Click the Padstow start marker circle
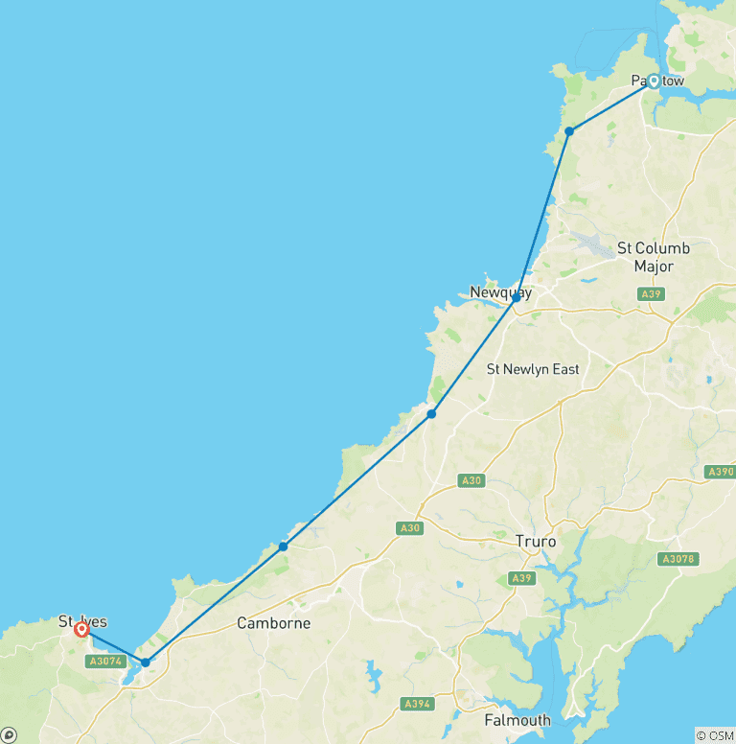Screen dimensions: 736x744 654,81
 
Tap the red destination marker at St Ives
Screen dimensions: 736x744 82,630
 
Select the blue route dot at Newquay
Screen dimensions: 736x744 516,298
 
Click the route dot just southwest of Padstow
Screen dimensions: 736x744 569,130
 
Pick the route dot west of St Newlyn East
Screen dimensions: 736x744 432,413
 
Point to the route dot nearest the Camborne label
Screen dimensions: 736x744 283,546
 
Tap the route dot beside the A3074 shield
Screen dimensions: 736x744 145,662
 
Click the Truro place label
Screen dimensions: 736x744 535,542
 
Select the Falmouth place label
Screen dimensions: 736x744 517,720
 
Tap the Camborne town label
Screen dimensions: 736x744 274,623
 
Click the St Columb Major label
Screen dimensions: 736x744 653,257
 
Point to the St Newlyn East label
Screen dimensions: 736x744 533,369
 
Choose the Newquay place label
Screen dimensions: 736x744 500,292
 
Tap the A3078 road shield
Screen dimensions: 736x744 678,559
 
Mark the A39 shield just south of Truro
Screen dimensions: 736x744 521,577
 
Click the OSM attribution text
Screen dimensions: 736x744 715,735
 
